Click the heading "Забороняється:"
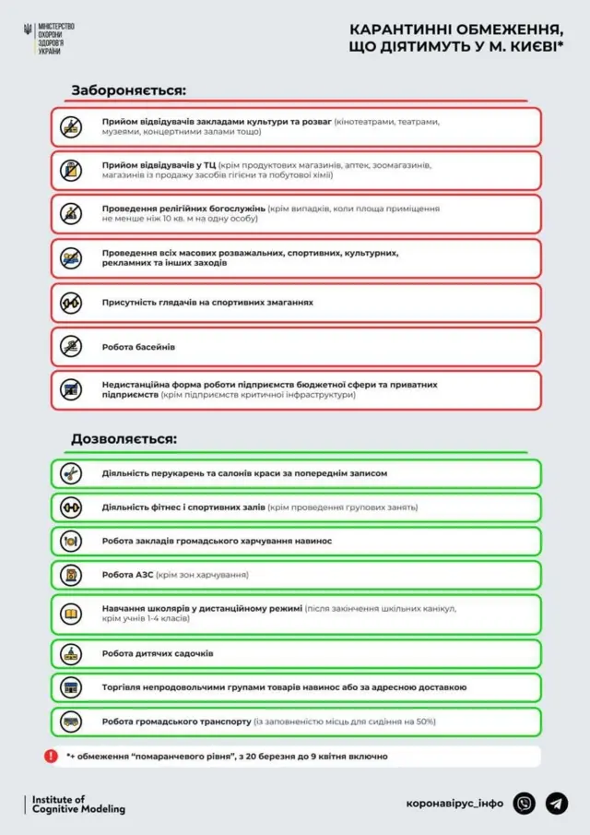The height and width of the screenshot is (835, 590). tap(129, 90)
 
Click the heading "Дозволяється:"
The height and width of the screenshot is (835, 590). tap(124, 439)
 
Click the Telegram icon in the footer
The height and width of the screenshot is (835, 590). tap(556, 804)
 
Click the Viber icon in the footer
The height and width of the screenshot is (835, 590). tap(524, 804)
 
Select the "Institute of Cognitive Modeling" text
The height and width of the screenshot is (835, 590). tap(78, 804)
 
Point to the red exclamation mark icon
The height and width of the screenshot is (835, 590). tap(51, 756)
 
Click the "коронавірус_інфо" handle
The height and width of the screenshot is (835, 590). tap(454, 804)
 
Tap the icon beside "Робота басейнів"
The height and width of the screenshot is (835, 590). tap(71, 347)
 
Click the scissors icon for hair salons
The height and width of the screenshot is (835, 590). tap(71, 473)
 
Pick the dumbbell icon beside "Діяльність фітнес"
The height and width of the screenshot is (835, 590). tap(71, 507)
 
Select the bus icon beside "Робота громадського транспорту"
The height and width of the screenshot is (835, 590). tap(71, 722)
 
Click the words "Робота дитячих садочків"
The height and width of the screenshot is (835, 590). tap(158, 653)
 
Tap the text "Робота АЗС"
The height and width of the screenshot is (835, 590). tap(127, 575)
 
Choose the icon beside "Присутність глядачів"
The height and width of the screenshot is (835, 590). tap(71, 303)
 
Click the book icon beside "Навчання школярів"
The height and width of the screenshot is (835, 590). tap(71, 614)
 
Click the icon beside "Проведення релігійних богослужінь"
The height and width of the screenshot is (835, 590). tap(71, 214)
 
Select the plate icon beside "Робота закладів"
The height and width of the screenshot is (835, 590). tap(71, 541)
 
